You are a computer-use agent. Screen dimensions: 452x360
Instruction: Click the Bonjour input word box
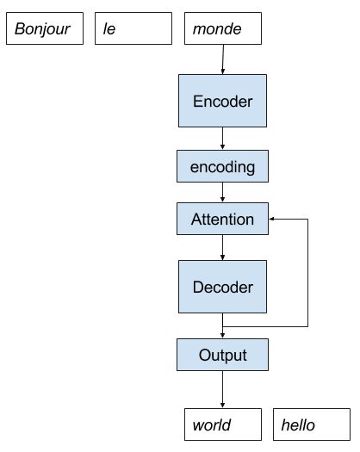pyautogui.click(x=45, y=29)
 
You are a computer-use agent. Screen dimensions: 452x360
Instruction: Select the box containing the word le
pyautogui.click(x=133, y=29)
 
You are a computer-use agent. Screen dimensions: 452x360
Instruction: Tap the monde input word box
pyautogui.click(x=223, y=29)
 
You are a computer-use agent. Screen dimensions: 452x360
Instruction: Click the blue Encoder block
pyautogui.click(x=222, y=101)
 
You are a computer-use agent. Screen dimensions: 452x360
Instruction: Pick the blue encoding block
pyautogui.click(x=222, y=167)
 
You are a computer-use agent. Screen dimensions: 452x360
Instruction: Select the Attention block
pyautogui.click(x=222, y=219)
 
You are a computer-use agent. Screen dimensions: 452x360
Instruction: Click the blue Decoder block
pyautogui.click(x=222, y=287)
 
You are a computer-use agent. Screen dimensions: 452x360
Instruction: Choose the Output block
pyautogui.click(x=222, y=355)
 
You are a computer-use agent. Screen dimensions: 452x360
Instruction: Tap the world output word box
pyautogui.click(x=223, y=424)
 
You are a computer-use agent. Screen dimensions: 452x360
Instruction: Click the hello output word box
pyautogui.click(x=312, y=424)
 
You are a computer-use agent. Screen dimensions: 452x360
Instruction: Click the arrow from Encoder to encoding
pyautogui.click(x=222, y=139)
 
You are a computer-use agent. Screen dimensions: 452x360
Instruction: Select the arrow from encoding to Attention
pyautogui.click(x=222, y=193)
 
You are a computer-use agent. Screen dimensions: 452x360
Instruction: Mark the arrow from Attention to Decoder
pyautogui.click(x=222, y=247)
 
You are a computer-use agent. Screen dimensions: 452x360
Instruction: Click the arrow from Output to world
pyautogui.click(x=222, y=390)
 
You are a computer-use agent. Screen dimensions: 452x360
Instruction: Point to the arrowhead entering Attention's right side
pyautogui.click(x=272, y=219)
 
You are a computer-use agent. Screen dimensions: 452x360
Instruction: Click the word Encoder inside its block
pyautogui.click(x=222, y=102)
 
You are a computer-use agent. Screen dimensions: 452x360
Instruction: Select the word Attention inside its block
pyautogui.click(x=222, y=220)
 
